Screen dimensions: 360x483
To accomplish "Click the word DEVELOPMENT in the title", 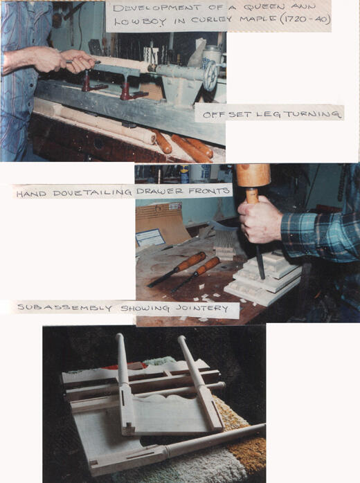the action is click(x=157, y=8).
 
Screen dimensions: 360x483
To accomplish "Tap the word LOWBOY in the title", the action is click(x=141, y=21).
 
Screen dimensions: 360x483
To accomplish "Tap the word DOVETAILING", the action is click(x=92, y=193).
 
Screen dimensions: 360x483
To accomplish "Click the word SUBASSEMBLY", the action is click(x=64, y=307).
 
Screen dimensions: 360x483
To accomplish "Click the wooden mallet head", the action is click(x=253, y=175).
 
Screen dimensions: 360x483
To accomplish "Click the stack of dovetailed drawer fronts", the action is click(x=264, y=279).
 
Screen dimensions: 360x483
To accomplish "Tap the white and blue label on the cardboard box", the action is click(x=150, y=237).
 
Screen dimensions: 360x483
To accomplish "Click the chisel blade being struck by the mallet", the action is click(x=260, y=263).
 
